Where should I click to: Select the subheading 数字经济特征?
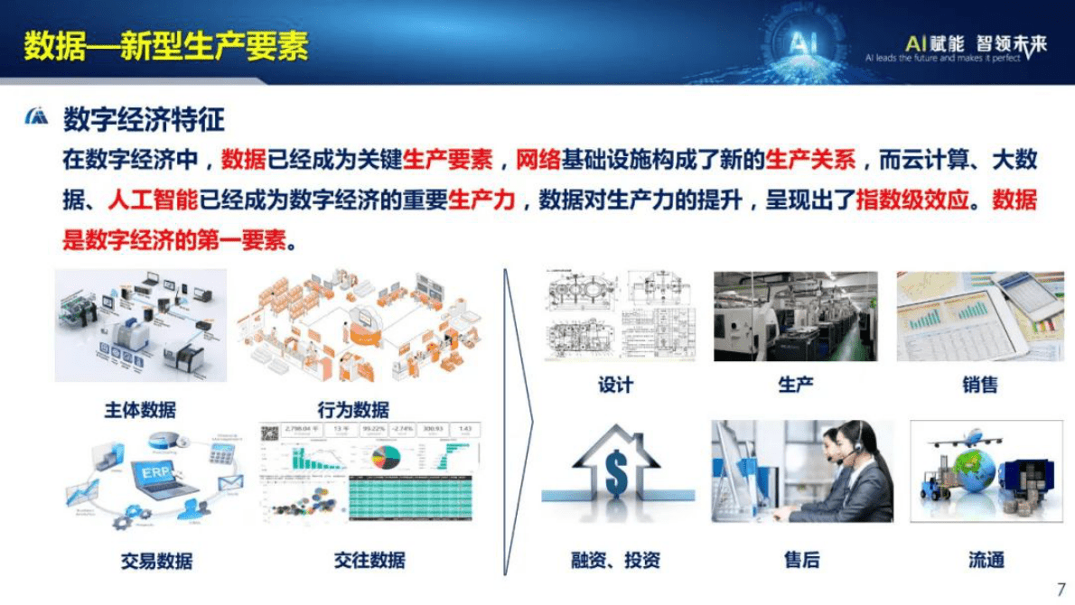pyautogui.click(x=144, y=119)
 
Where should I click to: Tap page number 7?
pyautogui.click(x=1061, y=589)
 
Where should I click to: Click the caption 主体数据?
pyautogui.click(x=139, y=411)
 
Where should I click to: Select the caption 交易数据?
pyautogui.click(x=156, y=561)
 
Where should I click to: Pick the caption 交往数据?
pyautogui.click(x=369, y=561)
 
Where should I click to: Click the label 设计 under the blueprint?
pyautogui.click(x=615, y=386)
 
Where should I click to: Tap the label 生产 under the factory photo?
pyautogui.click(x=795, y=386)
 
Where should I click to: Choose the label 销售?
pyautogui.click(x=980, y=386)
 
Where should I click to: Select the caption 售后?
pyautogui.click(x=801, y=561)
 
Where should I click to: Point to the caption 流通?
pyautogui.click(x=986, y=561)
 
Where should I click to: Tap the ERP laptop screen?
pyautogui.click(x=154, y=473)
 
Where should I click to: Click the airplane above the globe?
pyautogui.click(x=959, y=441)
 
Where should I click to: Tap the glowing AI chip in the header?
pyautogui.click(x=800, y=42)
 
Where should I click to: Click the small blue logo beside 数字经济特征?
pyautogui.click(x=37, y=118)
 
